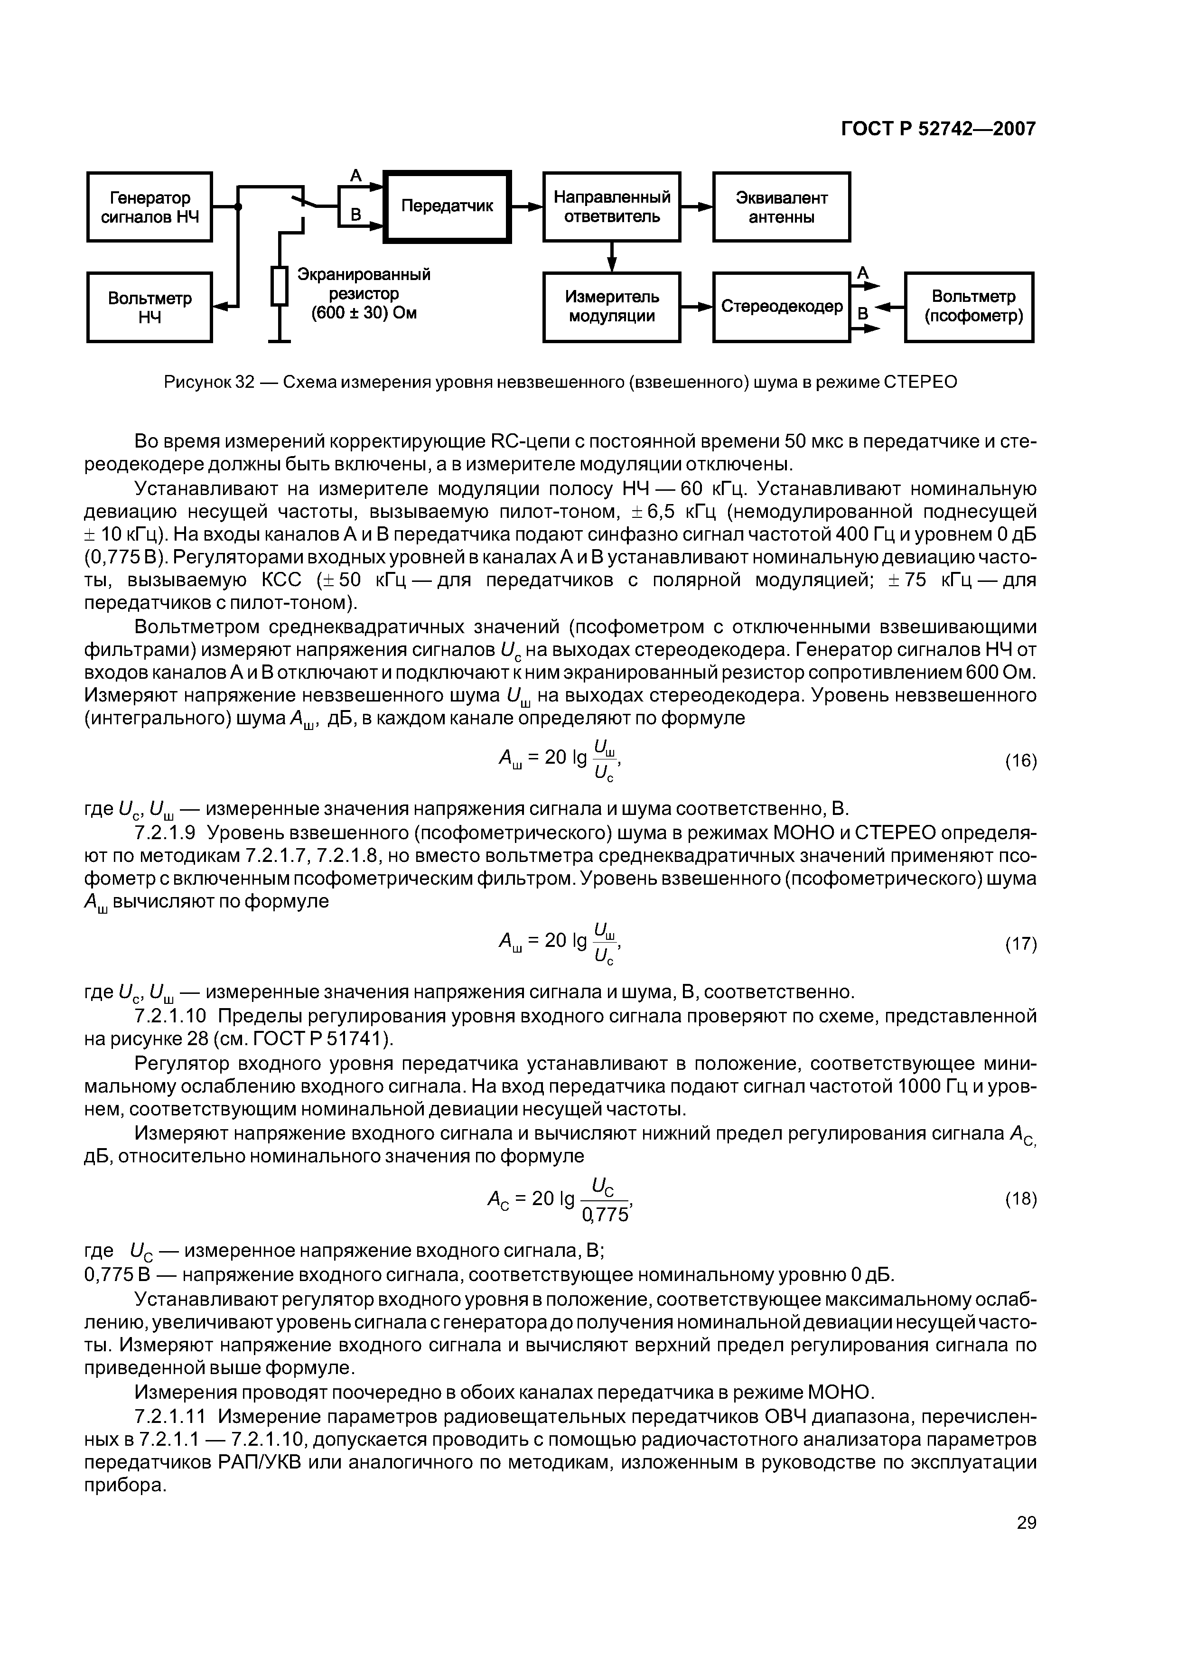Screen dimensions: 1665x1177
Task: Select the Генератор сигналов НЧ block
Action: [149, 206]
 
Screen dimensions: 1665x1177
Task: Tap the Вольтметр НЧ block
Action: [149, 308]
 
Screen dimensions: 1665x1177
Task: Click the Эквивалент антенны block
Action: [781, 206]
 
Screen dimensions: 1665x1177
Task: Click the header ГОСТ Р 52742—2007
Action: [938, 128]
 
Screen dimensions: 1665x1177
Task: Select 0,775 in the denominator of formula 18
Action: [605, 1215]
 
